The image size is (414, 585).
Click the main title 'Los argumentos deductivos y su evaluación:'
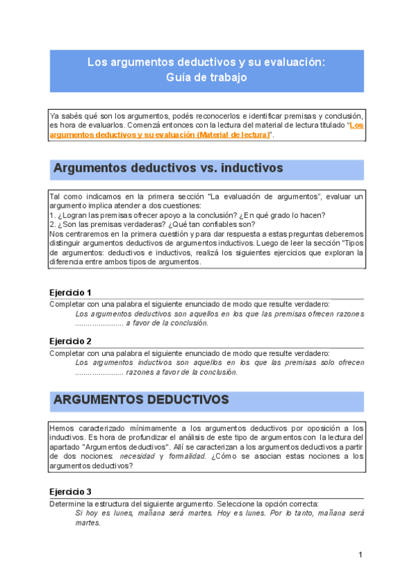tap(206, 62)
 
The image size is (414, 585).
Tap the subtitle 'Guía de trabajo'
tap(206, 78)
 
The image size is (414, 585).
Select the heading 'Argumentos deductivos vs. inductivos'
tap(168, 168)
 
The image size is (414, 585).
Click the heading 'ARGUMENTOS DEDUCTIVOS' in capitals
tap(141, 400)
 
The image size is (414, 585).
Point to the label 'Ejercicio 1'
tap(70, 292)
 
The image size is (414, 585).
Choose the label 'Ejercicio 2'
tap(70, 341)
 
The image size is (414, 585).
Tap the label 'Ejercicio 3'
tap(70, 493)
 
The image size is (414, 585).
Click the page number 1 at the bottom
tap(360, 555)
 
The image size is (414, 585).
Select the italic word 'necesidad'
tap(138, 457)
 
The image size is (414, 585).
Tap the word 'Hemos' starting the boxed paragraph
tap(62, 429)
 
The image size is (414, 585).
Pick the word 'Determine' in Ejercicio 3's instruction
tap(66, 504)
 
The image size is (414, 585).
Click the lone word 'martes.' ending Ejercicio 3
tap(88, 523)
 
